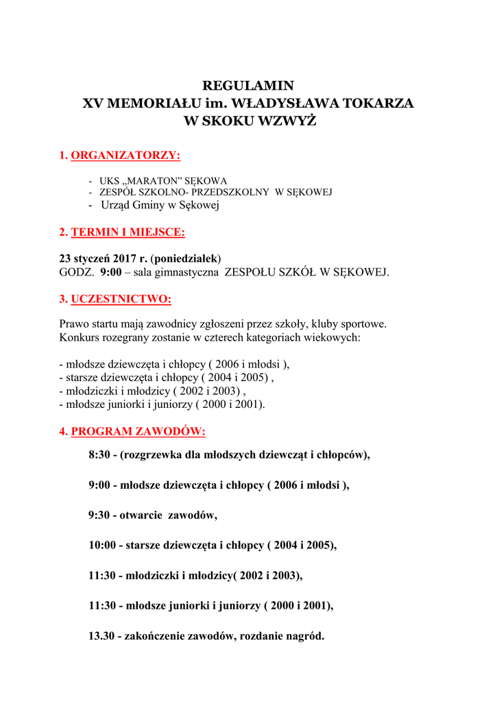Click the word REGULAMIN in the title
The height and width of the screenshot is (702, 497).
coord(248,86)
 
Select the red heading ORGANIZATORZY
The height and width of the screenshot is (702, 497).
coord(125,156)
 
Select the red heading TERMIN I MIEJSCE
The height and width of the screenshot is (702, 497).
coord(128,232)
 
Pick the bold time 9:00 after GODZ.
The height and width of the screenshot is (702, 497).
coord(110,272)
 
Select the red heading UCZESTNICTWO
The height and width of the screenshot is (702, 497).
coord(121,299)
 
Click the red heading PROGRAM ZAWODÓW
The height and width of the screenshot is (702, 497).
coord(138,432)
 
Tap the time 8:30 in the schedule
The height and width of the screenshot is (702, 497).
coord(100,455)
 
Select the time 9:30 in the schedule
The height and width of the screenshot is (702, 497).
coord(100,515)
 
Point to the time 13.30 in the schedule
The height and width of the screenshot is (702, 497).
coord(103,636)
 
